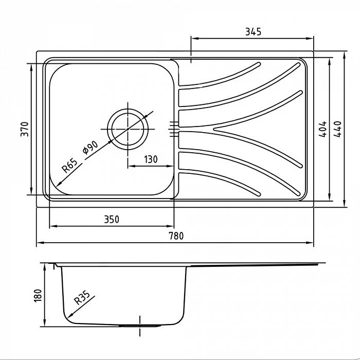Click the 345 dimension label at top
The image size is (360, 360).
(x=253, y=31)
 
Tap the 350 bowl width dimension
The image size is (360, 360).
(x=111, y=220)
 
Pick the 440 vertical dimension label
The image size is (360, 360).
(x=338, y=129)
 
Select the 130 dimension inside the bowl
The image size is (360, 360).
(x=150, y=159)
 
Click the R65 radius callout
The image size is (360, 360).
(x=69, y=166)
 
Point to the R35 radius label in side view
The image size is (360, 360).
(x=82, y=298)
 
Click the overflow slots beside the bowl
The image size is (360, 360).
(x=173, y=128)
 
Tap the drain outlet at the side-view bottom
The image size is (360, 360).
(x=140, y=326)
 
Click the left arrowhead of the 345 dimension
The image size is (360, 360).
(x=193, y=38)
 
